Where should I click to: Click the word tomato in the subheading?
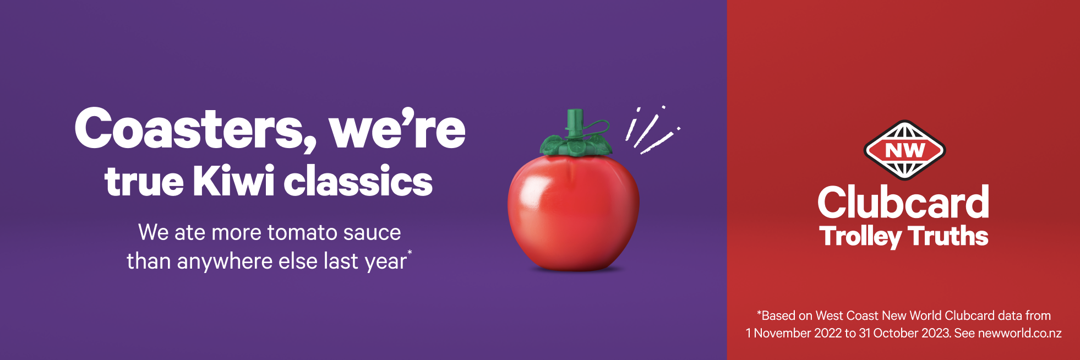tap(302, 233)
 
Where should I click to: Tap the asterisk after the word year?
tap(410, 252)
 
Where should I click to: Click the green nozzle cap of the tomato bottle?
tap(575, 122)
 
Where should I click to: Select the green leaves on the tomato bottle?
tap(576, 144)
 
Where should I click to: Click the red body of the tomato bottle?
tap(574, 212)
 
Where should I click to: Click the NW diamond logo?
tap(904, 150)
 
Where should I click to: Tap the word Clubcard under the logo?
tap(903, 202)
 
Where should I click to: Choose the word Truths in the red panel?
tap(948, 236)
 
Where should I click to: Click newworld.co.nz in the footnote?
tap(1020, 333)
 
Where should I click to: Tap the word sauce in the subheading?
tap(372, 233)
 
